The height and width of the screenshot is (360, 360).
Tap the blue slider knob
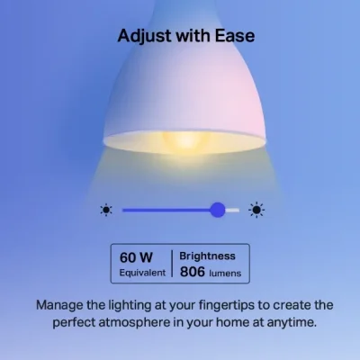point(217,210)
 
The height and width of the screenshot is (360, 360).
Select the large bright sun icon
point(256,211)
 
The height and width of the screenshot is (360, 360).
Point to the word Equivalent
point(141,272)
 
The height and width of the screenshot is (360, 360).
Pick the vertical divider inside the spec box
point(172,264)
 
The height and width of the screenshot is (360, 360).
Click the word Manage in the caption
point(62,304)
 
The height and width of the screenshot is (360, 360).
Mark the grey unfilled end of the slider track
point(233,210)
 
